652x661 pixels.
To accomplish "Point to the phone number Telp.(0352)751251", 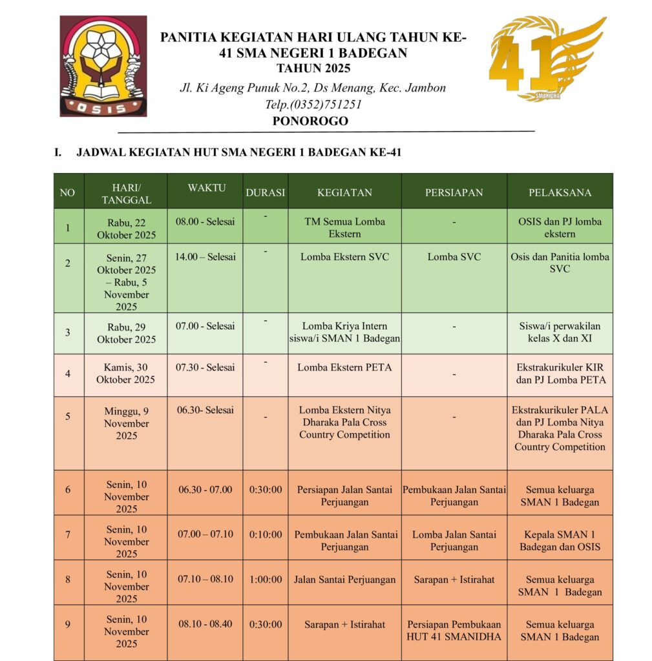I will pos(313,104).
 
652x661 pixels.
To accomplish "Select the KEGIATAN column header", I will pos(344,192).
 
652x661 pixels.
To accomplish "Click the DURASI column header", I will pos(265,192).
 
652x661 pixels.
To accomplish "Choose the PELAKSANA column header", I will pos(560,192).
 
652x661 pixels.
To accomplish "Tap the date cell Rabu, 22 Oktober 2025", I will pos(126,229).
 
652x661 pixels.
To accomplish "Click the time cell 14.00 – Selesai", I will pos(205,257).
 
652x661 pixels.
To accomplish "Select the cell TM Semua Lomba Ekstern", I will pos(344,227).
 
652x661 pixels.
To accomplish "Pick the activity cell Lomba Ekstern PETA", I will pos(344,367).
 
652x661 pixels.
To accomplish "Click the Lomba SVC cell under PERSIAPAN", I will pos(454,257).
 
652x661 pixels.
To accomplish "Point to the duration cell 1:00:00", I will pos(266,580).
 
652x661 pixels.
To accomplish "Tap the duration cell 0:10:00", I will pos(266,534).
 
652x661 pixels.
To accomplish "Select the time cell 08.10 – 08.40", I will pos(205,624).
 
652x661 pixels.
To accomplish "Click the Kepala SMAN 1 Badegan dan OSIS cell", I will pos(560,540).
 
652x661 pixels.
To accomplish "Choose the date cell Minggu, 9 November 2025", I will pos(126,423).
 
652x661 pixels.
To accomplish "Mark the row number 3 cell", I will pos(68,333).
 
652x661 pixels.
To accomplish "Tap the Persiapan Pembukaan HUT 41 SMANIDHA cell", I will pos(454,631).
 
